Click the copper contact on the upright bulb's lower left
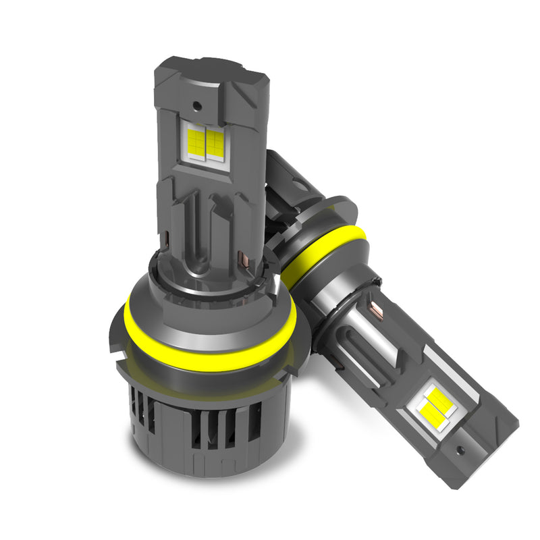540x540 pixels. (167, 238)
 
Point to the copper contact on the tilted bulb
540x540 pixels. (375, 311)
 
